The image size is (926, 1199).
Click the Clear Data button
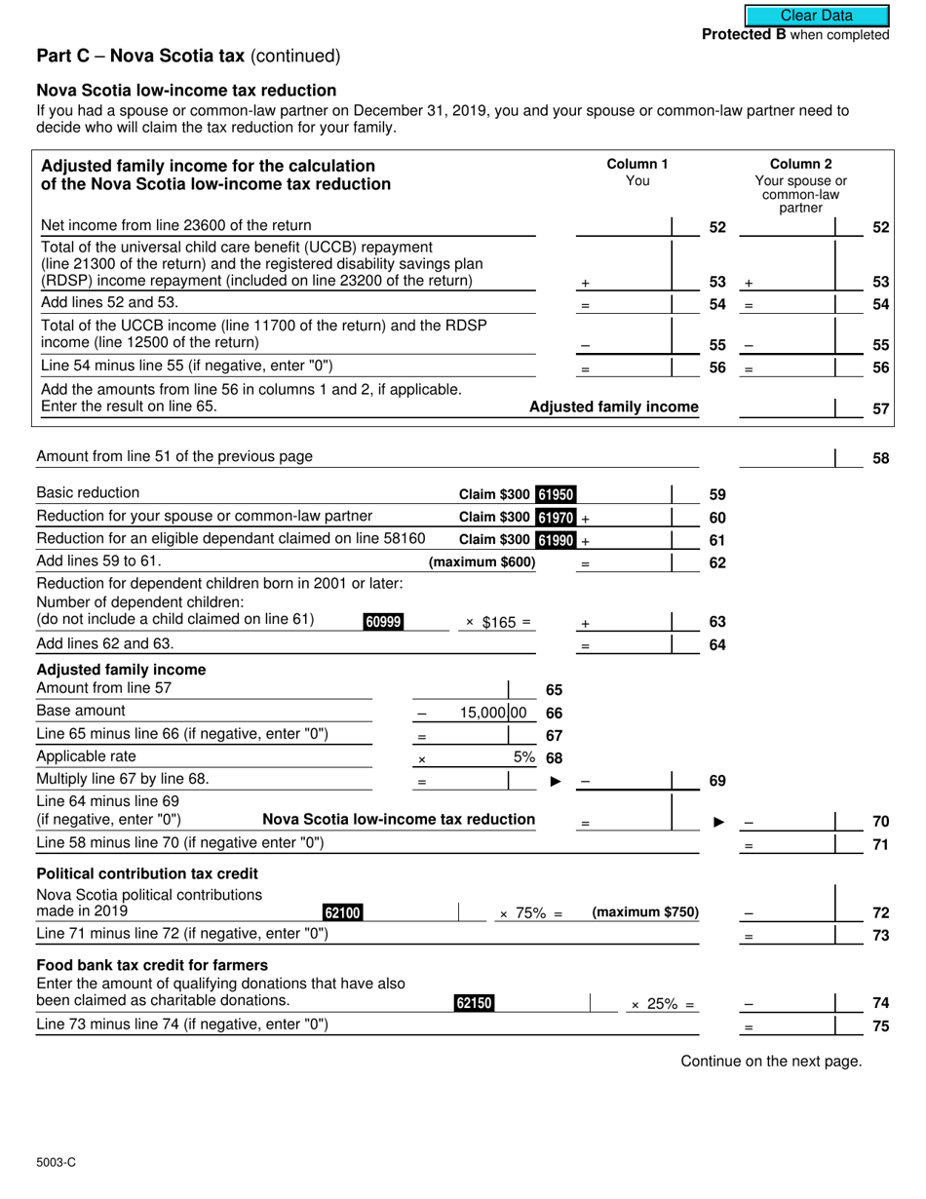[817, 16]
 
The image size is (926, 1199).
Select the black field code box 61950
[556, 494]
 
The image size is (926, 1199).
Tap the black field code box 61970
[556, 517]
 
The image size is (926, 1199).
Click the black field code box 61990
[556, 540]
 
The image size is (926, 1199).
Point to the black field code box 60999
[383, 622]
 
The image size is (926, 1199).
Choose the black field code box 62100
[342, 912]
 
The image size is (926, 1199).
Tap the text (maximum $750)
[645, 912]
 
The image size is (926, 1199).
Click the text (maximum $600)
[482, 562]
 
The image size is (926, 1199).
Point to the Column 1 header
[637, 164]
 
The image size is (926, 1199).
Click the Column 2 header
[801, 164]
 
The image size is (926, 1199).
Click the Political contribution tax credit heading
[147, 873]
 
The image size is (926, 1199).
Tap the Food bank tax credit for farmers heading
[152, 965]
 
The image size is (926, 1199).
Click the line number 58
[880, 458]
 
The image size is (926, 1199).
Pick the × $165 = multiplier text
[498, 623]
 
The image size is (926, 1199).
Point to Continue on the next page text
[771, 1062]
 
